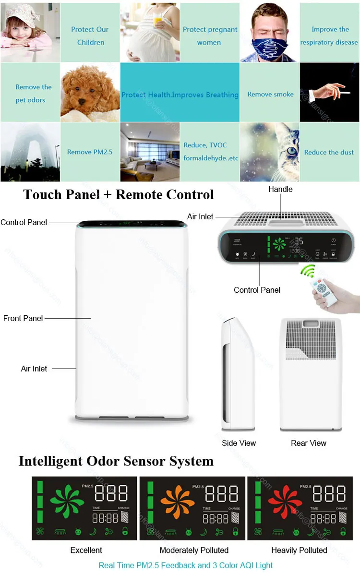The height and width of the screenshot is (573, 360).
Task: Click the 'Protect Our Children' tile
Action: click(x=90, y=36)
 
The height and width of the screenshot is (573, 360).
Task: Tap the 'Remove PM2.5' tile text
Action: click(x=90, y=152)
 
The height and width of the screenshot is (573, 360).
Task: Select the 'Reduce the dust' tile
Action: click(x=329, y=152)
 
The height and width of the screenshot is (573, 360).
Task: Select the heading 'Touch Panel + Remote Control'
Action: click(x=119, y=194)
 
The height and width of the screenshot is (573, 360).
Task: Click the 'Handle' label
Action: click(x=280, y=189)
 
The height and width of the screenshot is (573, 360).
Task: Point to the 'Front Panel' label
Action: click(x=23, y=318)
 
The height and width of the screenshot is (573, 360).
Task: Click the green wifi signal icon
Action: click(x=307, y=271)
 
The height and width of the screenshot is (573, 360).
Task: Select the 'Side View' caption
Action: click(x=239, y=443)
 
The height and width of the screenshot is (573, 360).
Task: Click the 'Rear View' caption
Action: click(x=308, y=443)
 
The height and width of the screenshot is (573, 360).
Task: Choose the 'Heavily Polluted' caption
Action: click(x=299, y=550)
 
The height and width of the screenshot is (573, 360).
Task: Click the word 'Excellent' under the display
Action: click(x=86, y=550)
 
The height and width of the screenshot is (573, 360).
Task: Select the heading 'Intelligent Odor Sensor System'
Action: click(x=116, y=461)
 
